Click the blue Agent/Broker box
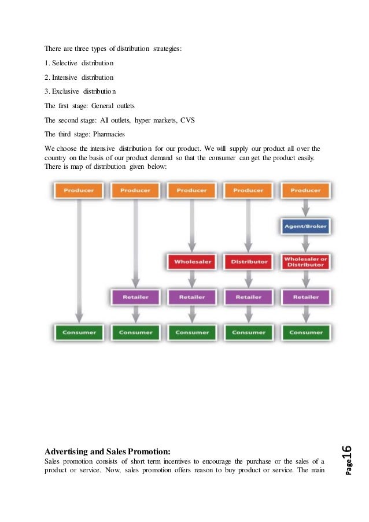tap(305, 227)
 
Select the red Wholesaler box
tap(191, 261)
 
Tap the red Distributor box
tap(248, 261)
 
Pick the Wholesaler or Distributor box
tap(305, 261)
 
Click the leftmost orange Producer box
tap(79, 191)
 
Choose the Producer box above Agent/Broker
tap(305, 191)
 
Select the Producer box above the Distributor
tap(248, 191)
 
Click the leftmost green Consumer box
tap(79, 332)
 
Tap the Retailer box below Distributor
tap(248, 297)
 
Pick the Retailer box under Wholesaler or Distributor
tap(305, 297)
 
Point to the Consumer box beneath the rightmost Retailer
tap(305, 332)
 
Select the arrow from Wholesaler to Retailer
tap(191, 279)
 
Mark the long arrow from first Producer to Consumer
tap(79, 260)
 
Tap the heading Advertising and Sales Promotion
tap(108, 451)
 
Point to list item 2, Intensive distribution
tap(79, 77)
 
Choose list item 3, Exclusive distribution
tap(80, 91)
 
